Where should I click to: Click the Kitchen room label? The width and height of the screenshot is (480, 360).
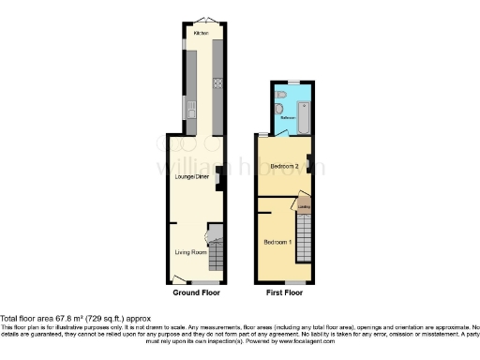(x=201, y=33)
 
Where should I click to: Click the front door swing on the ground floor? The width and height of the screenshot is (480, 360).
(x=177, y=277)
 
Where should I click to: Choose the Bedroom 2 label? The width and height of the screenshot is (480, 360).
(x=284, y=167)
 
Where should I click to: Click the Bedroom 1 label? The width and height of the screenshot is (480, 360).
(x=277, y=242)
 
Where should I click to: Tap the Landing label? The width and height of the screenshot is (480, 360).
(x=304, y=207)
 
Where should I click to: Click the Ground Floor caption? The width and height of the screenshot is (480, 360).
(x=196, y=293)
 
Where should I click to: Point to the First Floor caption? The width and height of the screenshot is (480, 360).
(x=283, y=293)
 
